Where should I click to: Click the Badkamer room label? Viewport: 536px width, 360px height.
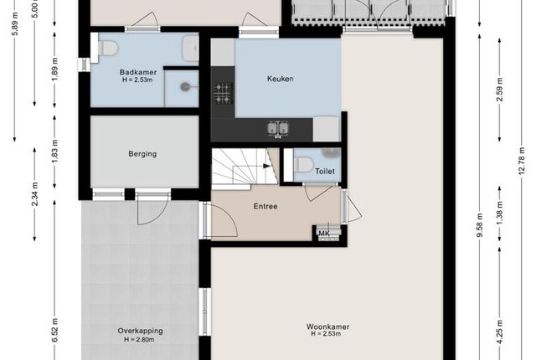pos(138,72)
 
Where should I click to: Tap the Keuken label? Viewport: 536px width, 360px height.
pos(280,79)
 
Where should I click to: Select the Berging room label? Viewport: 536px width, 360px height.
pos(142,154)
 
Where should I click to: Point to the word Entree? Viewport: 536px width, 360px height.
pos(265,206)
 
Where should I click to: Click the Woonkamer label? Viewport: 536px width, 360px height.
pos(327,327)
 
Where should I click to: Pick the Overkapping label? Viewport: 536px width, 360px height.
pos(140,331)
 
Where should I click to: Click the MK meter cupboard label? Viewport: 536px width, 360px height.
pos(324,234)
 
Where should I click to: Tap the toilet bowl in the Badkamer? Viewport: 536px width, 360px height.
pos(107,48)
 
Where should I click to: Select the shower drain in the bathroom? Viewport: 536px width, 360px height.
pos(185,87)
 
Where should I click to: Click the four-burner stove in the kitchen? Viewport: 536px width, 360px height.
pos(224,93)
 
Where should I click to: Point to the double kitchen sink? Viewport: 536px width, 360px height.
pos(278,129)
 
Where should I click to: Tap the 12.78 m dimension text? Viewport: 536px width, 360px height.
pos(522,161)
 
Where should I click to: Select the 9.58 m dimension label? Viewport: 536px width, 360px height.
pos(480,226)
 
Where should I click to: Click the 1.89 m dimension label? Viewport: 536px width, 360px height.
pos(54,69)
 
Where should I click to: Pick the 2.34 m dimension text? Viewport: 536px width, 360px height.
pos(34,194)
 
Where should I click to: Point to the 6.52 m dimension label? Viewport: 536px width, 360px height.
pos(54,330)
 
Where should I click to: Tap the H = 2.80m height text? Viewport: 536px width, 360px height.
pos(139,340)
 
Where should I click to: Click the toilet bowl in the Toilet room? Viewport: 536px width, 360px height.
pos(303,165)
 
